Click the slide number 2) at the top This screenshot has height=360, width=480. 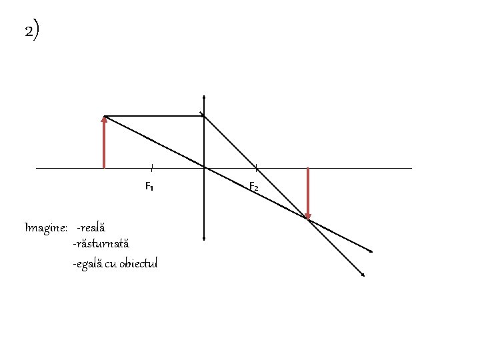pos(31,31)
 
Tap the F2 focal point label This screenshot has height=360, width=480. pos(254,187)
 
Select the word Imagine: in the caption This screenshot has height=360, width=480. pos(45,228)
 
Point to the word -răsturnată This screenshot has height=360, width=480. pos(101,245)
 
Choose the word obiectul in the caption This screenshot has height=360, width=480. pos(139,263)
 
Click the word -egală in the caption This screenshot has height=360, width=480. pos(87,263)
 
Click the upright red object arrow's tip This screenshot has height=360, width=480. pos(105,117)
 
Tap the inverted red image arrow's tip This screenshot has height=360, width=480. pos(307,217)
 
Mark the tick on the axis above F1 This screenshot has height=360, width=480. pos(151,167)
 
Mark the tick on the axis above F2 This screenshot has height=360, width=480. pos(256,167)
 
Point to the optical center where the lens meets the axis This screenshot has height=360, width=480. pos(203,168)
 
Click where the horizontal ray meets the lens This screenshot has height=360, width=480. pos(203,116)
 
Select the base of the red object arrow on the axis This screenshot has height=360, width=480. pos(105,167)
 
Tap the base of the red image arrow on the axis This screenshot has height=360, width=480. pos(307,169)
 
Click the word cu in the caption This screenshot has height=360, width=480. pos(111,263)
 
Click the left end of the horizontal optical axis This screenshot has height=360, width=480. pos(37,168)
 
